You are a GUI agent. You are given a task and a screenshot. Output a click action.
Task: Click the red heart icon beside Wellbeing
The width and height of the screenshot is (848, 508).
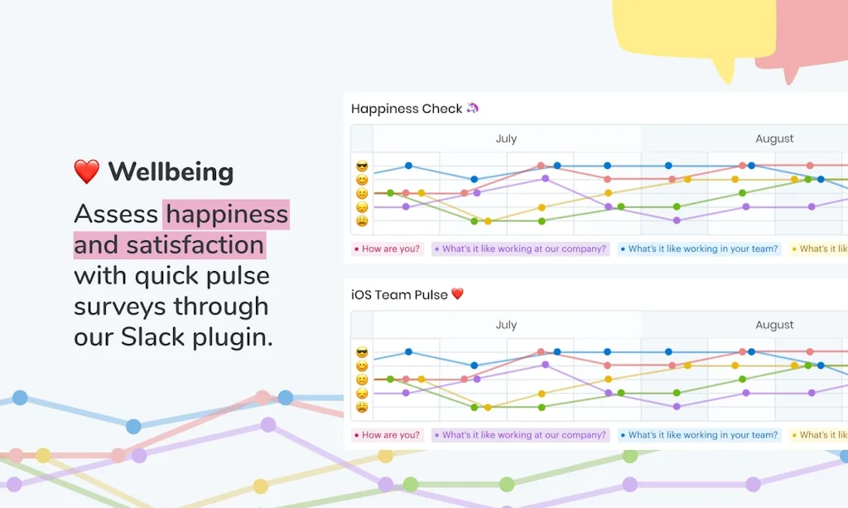[86, 172]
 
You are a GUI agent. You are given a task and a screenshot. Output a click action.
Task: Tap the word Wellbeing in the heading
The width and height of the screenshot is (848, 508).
[171, 172]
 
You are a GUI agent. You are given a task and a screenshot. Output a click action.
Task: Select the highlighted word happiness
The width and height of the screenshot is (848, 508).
[226, 214]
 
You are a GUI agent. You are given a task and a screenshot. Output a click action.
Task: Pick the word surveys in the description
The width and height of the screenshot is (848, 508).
[118, 307]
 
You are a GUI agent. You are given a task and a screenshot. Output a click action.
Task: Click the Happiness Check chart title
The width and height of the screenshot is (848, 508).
[407, 109]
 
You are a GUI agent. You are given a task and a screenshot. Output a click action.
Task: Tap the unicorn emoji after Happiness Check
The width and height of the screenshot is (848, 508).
[473, 108]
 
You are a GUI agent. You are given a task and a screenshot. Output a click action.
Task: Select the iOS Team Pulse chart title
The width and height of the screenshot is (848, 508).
[399, 294]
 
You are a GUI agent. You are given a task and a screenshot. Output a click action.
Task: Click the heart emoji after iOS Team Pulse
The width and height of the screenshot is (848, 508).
[457, 294]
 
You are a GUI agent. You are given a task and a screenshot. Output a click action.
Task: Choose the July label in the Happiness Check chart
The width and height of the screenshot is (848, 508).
[506, 138]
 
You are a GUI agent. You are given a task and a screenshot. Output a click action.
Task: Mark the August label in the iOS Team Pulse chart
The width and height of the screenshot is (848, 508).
[774, 325]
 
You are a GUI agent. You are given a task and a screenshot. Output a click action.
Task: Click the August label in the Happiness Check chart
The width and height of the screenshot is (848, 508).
[774, 138]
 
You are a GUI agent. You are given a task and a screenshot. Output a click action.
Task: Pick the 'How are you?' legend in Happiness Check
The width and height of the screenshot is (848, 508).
[388, 249]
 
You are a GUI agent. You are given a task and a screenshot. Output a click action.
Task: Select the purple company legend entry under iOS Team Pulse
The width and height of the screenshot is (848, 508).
[521, 435]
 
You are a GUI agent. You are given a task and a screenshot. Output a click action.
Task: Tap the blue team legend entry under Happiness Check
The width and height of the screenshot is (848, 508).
[699, 249]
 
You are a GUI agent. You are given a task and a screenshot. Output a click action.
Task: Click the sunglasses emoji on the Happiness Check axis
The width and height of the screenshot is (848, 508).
[362, 167]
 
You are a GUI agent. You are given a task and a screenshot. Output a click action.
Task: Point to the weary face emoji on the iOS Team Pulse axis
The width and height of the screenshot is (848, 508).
[362, 407]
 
